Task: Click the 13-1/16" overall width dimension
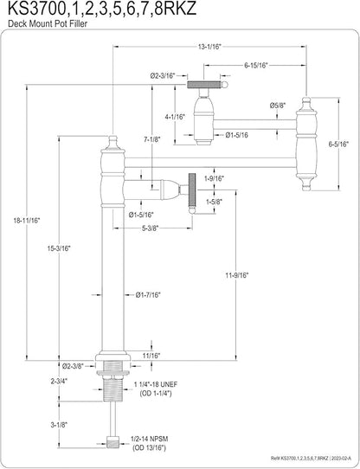(209, 47)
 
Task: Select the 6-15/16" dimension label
(255, 66)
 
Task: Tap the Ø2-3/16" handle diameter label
(163, 76)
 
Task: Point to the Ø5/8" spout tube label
(278, 106)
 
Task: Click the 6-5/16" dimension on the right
(338, 145)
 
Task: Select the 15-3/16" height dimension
(59, 248)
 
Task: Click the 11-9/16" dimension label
(237, 275)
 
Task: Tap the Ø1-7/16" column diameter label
(148, 295)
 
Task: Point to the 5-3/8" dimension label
(149, 228)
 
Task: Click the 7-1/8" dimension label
(151, 138)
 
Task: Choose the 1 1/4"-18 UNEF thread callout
(156, 383)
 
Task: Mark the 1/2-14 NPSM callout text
(150, 439)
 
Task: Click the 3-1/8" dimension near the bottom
(59, 424)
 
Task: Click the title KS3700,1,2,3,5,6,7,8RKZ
(102, 9)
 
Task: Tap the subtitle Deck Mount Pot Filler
(48, 24)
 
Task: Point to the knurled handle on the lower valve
(191, 193)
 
